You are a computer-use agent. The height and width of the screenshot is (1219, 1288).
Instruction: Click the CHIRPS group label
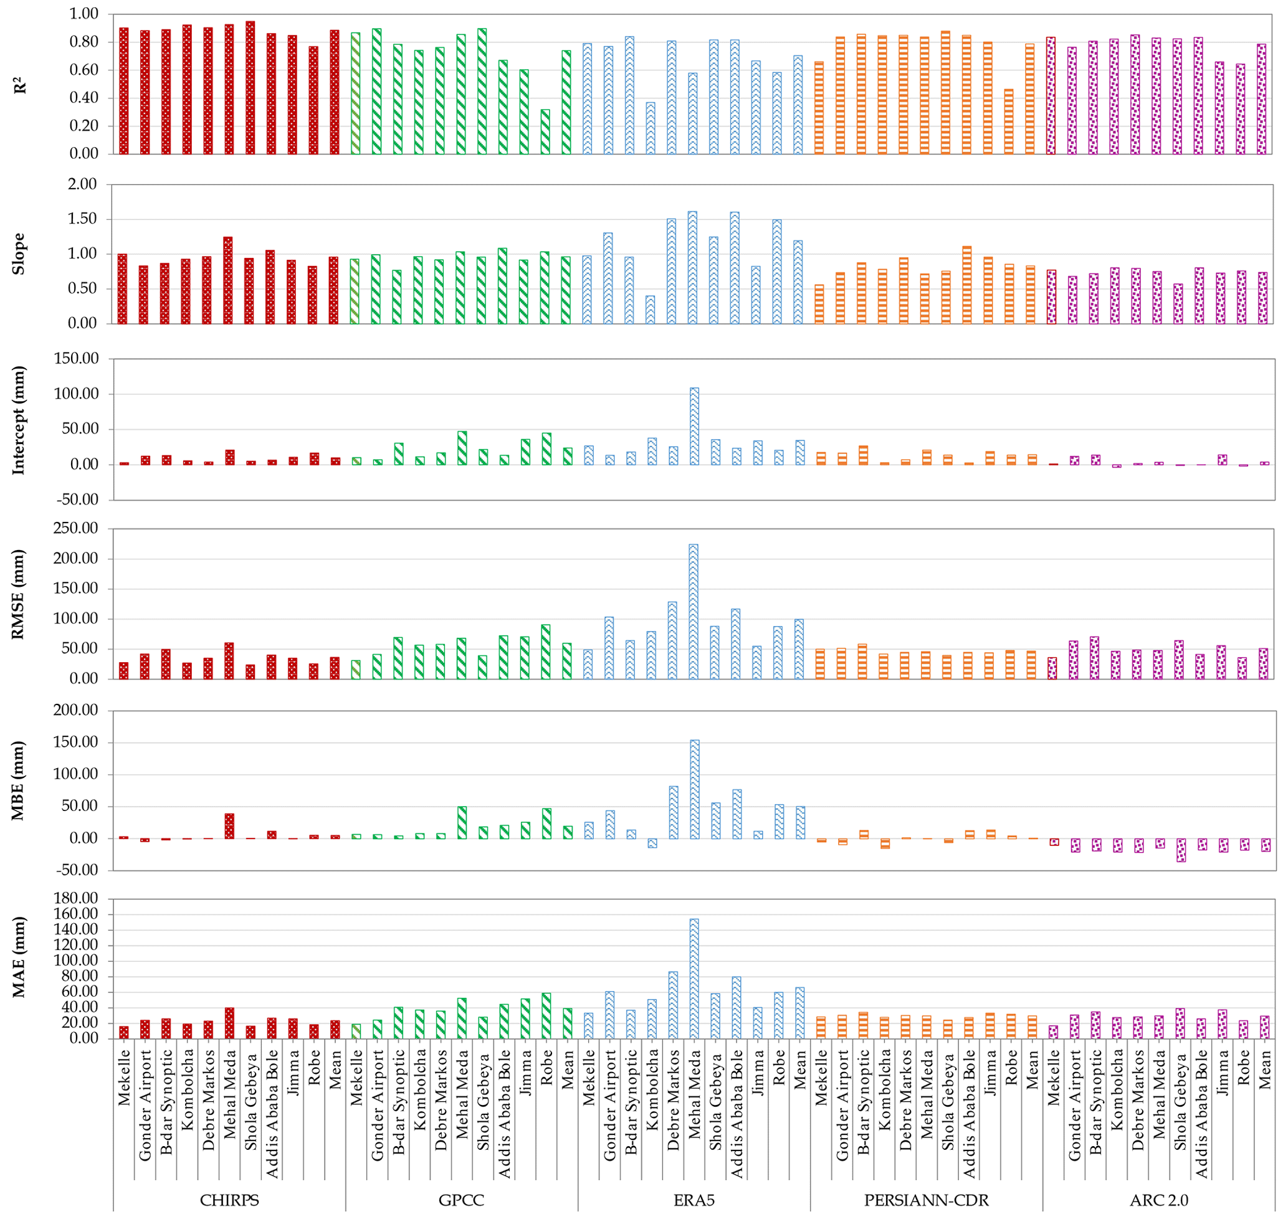[229, 1200]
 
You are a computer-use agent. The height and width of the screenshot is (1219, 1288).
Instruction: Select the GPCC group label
[461, 1200]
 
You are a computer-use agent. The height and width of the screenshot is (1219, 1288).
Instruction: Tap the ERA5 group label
[694, 1200]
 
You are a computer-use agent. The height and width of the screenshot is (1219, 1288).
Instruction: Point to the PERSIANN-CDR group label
[926, 1200]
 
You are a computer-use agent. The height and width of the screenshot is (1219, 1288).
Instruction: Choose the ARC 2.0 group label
[1158, 1200]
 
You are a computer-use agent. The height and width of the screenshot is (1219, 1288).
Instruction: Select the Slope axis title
[19, 254]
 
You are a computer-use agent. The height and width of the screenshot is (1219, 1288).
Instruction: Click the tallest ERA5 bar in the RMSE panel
[694, 611]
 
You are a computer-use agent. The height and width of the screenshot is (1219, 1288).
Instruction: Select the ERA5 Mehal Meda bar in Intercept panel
[694, 426]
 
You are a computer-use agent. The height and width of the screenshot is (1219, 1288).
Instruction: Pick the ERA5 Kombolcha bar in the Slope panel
[650, 310]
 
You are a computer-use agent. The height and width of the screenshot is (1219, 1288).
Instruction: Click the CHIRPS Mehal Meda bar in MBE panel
[229, 826]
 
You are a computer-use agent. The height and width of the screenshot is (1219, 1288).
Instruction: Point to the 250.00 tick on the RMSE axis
[77, 528]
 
